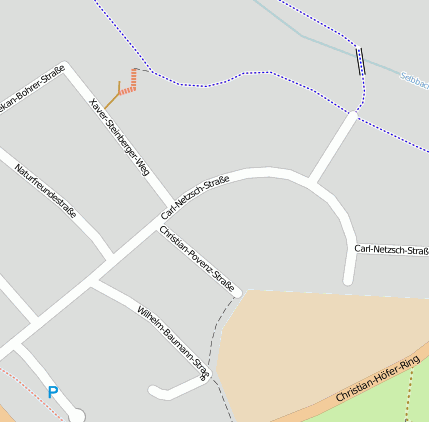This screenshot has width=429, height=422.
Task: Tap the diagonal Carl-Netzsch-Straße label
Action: click(x=195, y=197)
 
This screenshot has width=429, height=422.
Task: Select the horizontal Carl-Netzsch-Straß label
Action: click(x=391, y=249)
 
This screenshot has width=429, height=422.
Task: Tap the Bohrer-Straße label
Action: click(x=32, y=89)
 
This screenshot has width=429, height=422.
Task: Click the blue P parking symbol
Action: click(x=53, y=393)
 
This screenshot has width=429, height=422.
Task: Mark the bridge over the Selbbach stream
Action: click(x=360, y=62)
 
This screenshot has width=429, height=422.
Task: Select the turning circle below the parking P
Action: click(x=77, y=415)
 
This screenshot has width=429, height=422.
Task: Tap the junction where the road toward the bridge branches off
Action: click(x=313, y=183)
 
